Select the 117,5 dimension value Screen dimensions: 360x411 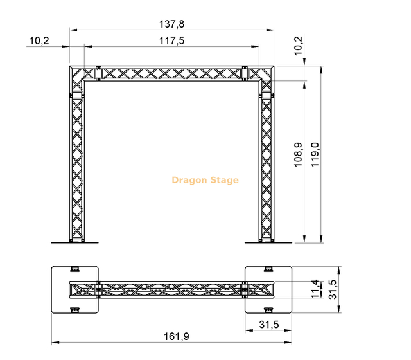[171, 40]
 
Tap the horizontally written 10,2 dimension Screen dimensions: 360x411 [39, 40]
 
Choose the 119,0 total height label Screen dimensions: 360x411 [315, 155]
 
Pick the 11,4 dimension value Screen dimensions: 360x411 [315, 289]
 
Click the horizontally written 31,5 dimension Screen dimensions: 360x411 [268, 324]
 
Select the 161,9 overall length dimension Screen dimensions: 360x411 [171, 336]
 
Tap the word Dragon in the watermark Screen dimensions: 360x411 [190, 180]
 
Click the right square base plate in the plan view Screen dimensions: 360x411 [268, 289]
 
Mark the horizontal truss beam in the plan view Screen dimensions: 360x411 [171, 289]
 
